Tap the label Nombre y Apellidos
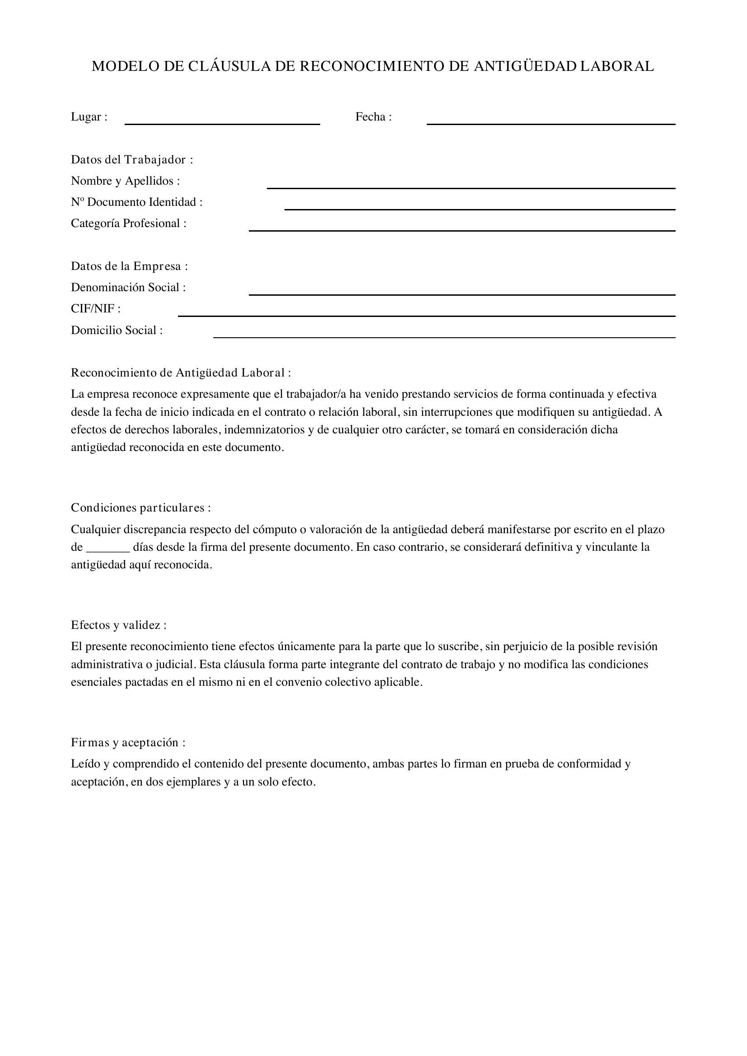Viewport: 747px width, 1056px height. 125,181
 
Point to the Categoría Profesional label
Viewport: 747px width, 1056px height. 128,223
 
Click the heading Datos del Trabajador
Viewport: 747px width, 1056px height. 131,160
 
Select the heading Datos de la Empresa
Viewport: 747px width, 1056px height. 129,266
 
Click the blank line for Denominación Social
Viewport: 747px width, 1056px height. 462,293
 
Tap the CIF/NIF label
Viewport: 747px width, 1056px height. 95,309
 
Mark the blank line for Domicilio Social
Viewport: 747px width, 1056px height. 444,337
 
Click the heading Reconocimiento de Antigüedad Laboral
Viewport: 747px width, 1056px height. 180,373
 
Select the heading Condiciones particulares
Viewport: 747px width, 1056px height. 140,508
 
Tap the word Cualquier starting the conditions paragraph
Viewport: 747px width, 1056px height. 95,530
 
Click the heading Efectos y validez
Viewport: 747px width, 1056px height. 118,625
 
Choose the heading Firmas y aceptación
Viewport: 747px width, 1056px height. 128,742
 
